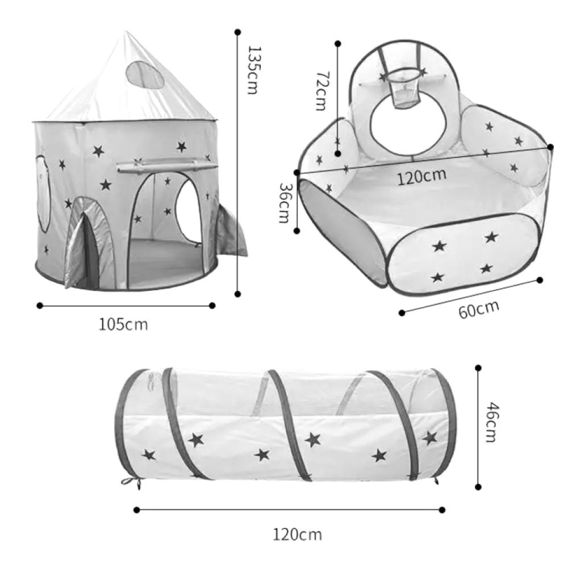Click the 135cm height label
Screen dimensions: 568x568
click(x=253, y=70)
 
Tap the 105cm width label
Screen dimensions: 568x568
click(x=123, y=324)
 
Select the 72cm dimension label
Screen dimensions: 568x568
click(x=321, y=90)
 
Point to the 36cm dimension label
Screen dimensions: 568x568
click(x=284, y=203)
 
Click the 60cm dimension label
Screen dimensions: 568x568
click(x=479, y=310)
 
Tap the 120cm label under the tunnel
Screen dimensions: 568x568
click(x=297, y=534)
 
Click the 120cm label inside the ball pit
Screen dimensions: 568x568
click(x=421, y=177)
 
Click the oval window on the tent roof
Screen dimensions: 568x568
click(x=144, y=74)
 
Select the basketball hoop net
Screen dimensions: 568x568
click(x=406, y=94)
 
